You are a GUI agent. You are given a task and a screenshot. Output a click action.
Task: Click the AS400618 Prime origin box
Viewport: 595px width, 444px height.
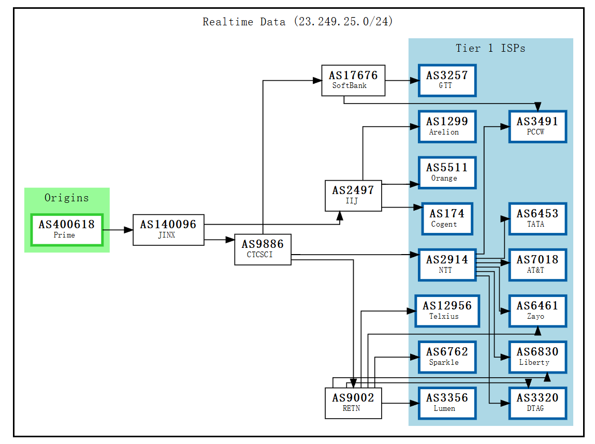tap(67, 230)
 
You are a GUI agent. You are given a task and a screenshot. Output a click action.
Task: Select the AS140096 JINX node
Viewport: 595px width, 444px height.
tap(168, 230)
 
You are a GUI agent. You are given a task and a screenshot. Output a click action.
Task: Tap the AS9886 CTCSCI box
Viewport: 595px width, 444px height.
tap(263, 249)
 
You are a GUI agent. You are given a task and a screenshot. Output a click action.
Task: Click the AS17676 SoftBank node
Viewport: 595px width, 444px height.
tap(353, 80)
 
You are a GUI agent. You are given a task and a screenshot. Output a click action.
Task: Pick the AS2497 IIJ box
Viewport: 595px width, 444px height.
tap(353, 196)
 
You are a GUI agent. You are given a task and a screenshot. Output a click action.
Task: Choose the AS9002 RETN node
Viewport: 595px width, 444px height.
tap(353, 403)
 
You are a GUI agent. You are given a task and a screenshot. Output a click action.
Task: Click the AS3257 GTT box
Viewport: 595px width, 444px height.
tap(447, 80)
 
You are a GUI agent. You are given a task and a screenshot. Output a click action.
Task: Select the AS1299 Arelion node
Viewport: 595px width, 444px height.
tap(447, 126)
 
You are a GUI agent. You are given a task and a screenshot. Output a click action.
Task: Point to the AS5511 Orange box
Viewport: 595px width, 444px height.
tap(447, 172)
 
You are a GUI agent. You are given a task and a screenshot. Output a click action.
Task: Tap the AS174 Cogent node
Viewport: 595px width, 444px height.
tap(447, 218)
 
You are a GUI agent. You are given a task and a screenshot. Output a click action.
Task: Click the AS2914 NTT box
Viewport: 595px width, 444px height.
tap(447, 264)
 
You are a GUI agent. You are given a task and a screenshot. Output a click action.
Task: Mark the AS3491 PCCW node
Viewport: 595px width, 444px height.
tap(537, 126)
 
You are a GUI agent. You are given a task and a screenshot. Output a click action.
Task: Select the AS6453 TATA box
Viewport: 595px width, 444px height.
tap(537, 218)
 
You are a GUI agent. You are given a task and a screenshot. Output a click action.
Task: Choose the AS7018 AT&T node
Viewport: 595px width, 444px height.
tap(537, 264)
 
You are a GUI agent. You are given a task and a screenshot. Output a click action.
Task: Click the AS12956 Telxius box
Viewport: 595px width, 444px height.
tap(447, 310)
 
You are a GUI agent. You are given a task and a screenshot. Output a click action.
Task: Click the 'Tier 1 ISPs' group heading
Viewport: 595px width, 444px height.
tap(490, 49)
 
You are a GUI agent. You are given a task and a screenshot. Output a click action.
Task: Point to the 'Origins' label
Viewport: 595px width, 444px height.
tap(66, 198)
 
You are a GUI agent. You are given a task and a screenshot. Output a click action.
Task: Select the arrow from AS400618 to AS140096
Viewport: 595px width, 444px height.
tap(118, 230)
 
